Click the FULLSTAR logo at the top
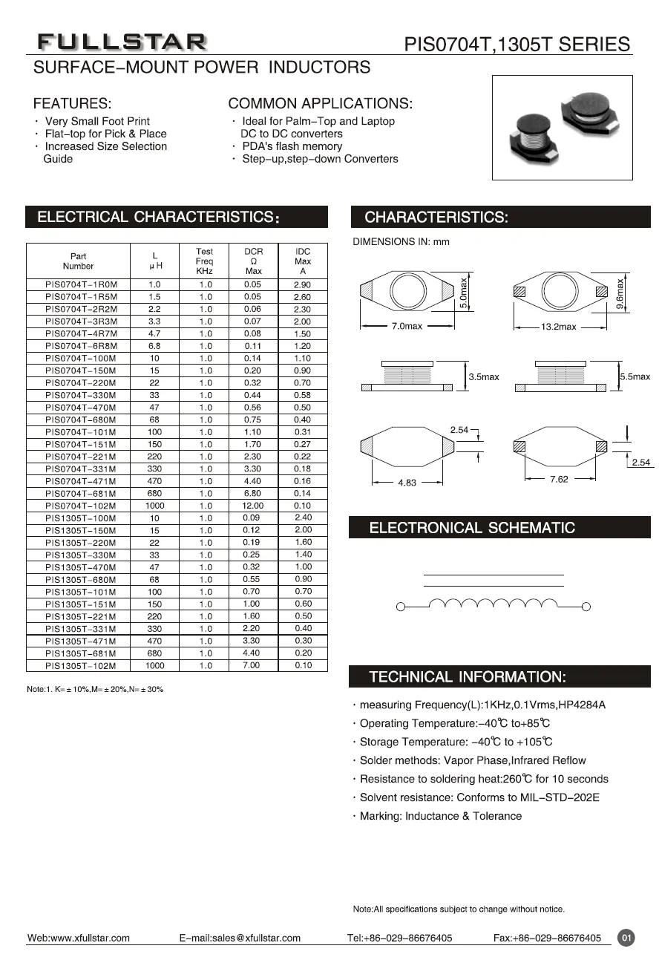[122, 42]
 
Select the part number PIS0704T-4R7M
[78, 333]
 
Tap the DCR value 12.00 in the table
[253, 506]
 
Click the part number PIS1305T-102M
[78, 665]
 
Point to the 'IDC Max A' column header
[303, 261]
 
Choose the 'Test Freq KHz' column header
[205, 261]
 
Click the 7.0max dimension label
[406, 327]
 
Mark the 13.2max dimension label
[557, 327]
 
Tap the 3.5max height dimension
[484, 377]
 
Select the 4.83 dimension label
[407, 482]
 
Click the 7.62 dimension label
[559, 480]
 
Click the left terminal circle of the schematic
[400, 607]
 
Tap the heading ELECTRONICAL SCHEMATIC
[472, 528]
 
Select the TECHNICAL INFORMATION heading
[468, 677]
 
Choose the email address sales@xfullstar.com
[257, 938]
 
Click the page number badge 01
[626, 938]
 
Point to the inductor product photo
[562, 127]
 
